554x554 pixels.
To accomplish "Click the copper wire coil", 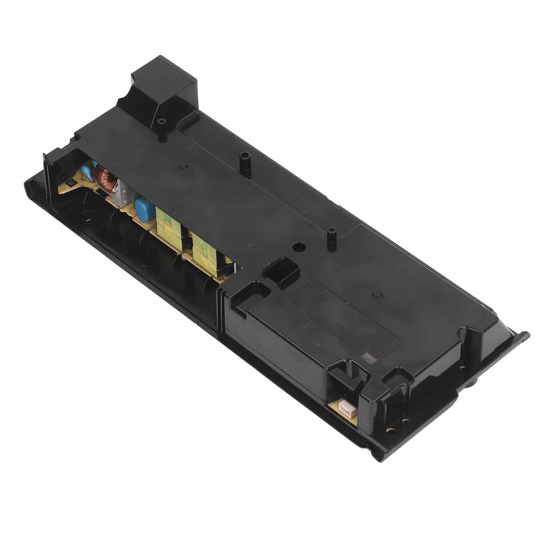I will pos(108,182).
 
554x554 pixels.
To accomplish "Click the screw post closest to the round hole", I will pos(331,238).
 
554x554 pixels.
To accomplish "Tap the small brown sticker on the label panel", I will pos(369,357).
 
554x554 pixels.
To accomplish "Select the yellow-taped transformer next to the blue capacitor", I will pos(168,225).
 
